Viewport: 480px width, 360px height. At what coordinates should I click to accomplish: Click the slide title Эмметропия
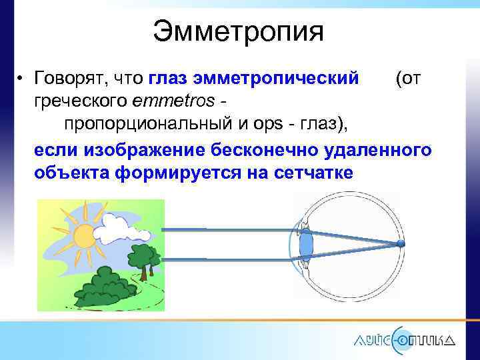(238, 31)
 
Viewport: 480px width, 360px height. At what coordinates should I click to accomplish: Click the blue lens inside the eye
(306, 243)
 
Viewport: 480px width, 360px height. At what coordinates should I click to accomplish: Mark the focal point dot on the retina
(400, 244)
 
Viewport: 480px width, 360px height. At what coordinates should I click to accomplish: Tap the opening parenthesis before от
(398, 80)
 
